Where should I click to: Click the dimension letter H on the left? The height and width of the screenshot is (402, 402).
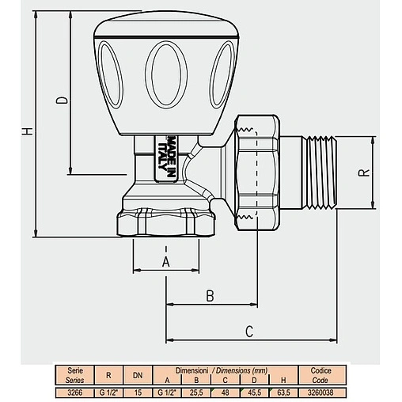pyautogui.click(x=27, y=131)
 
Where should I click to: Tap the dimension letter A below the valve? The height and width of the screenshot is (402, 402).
pyautogui.click(x=166, y=262)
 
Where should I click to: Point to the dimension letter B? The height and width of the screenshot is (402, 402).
pyautogui.click(x=210, y=296)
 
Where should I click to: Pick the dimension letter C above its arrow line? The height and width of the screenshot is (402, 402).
pyautogui.click(x=249, y=332)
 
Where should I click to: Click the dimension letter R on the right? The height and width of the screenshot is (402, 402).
pyautogui.click(x=364, y=173)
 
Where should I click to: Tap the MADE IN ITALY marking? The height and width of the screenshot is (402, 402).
pyautogui.click(x=167, y=157)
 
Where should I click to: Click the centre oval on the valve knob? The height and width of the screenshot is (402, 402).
pyautogui.click(x=166, y=74)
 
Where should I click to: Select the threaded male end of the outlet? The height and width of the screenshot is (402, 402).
pyautogui.click(x=320, y=173)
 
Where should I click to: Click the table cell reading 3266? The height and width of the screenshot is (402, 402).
pyautogui.click(x=75, y=393)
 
